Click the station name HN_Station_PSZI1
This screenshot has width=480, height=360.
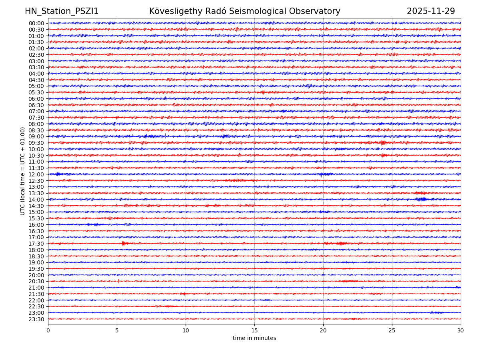(62, 11)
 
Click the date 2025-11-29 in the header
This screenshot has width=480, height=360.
(431, 11)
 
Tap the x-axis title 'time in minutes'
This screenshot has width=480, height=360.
(254, 338)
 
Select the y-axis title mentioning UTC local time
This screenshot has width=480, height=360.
(23, 171)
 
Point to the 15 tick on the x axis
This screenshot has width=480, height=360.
(254, 330)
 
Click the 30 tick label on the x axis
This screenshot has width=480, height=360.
(461, 330)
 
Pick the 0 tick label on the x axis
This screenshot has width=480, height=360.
(48, 330)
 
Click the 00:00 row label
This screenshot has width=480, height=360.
(36, 23)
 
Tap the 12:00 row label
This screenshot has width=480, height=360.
(36, 174)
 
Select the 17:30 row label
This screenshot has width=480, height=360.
(36, 244)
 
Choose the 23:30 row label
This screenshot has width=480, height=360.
(36, 319)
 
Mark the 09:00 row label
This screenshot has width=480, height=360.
(36, 136)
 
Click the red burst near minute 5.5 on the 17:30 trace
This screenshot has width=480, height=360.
(124, 243)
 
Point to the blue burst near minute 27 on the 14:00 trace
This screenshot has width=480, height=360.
(422, 199)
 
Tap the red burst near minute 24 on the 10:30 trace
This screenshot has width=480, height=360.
(384, 155)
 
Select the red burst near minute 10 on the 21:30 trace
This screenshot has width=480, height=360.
(183, 294)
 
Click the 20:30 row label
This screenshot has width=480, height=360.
(36, 281)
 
